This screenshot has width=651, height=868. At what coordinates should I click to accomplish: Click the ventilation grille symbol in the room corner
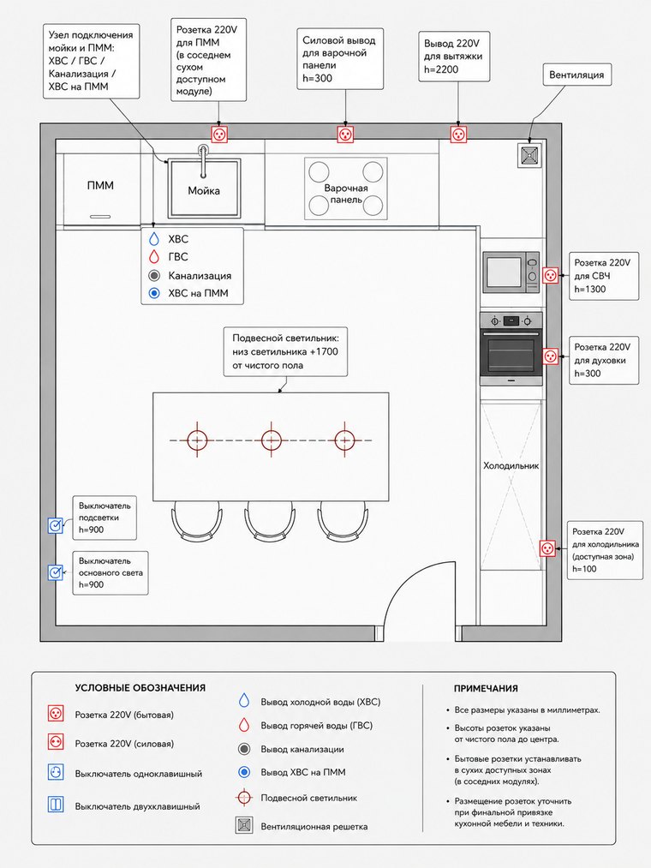pos(529,156)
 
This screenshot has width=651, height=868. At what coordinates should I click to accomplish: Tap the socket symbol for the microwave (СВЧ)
pos(550,275)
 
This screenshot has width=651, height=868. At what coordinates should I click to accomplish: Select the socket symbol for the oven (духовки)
pos(550,356)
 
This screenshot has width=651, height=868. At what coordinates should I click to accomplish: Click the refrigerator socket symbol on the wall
pos(547,548)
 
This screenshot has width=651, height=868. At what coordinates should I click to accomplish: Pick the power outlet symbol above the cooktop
pos(345,135)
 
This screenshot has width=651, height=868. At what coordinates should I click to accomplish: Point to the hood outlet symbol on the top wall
pos(458,135)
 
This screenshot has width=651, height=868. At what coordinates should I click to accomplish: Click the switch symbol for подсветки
pos(56,526)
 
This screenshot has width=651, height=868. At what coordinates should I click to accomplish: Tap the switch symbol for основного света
pos(56,572)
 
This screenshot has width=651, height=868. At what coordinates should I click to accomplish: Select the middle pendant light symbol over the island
pos(271,440)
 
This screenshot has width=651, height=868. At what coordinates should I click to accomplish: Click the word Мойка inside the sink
pos(204,191)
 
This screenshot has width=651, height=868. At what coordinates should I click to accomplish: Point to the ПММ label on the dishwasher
pos(100,185)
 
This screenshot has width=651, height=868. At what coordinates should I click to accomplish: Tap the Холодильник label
pos(511,465)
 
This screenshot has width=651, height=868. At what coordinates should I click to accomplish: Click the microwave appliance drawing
pos(511,272)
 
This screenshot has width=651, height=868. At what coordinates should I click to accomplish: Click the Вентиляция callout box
pos(576,75)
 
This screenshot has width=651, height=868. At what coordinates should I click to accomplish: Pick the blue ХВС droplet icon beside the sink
pos(154,239)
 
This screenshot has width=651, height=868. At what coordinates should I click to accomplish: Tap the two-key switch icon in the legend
pos(56,805)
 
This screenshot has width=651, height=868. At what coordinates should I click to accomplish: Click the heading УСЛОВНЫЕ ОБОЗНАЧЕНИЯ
pos(140,688)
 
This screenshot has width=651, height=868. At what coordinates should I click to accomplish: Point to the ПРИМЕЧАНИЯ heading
pos(486,689)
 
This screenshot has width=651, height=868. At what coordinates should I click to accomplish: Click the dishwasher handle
pos(100,217)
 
